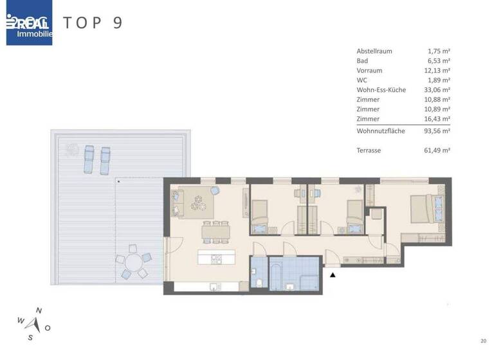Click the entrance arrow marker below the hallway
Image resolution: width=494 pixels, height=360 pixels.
[333, 275]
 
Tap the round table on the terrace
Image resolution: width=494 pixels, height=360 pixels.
[133, 264]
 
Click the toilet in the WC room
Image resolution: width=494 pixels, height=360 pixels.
[257, 283]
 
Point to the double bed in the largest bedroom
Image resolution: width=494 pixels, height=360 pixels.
[425, 208]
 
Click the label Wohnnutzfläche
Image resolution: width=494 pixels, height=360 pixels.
[380, 130]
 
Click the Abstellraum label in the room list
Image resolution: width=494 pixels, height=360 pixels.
[374, 51]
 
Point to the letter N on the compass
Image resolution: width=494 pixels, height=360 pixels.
[39, 310]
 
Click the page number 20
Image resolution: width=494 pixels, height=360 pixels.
[482, 341]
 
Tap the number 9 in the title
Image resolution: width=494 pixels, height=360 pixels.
[116, 23]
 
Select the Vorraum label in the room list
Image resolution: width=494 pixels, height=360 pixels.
[369, 71]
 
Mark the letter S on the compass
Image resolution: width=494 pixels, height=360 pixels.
[30, 337]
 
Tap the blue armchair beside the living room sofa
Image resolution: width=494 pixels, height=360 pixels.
[214, 191]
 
